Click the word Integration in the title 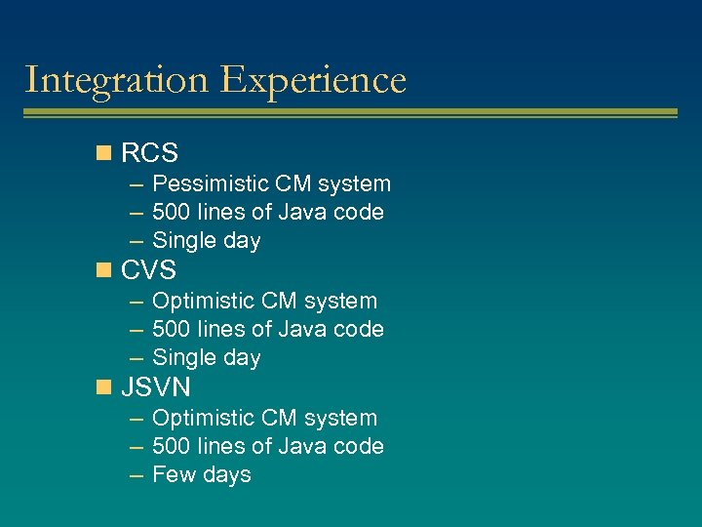pos(117,80)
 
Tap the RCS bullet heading pos(149,153)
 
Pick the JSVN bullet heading pos(156,387)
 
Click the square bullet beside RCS pos(103,153)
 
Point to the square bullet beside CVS pos(103,270)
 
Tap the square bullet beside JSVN pos(103,387)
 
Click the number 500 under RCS pos(172,212)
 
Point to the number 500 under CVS pos(172,329)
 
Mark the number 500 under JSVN pos(172,446)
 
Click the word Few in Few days pos(173,474)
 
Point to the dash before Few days pos(136,475)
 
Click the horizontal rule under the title pos(350,114)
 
